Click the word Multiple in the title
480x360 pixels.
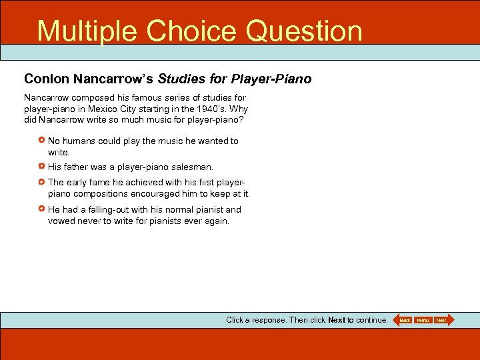click(x=87, y=31)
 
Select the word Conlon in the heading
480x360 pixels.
click(x=47, y=79)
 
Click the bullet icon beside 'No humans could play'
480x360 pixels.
click(x=42, y=141)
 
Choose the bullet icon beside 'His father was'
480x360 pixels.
click(x=42, y=167)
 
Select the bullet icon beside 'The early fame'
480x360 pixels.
click(x=42, y=182)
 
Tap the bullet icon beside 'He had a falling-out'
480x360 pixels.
click(x=42, y=209)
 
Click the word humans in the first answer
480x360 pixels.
click(x=78, y=141)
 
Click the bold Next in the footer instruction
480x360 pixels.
click(x=337, y=320)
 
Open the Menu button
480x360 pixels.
click(x=423, y=321)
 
